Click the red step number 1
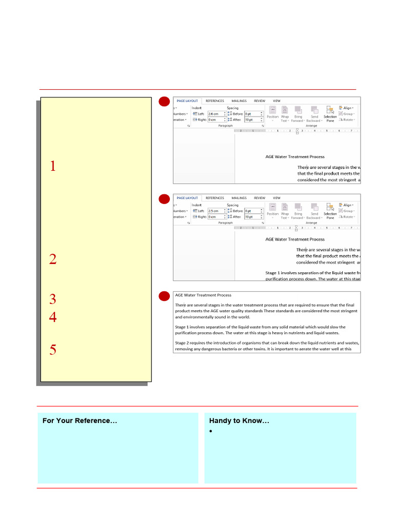tap(52, 166)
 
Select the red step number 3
tap(52, 299)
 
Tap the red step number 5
tap(52, 350)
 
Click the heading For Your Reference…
tap(80, 421)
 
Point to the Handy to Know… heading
tap(239, 421)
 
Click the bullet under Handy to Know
tap(211, 432)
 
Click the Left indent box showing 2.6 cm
tap(215, 114)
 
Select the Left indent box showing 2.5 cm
tap(215, 211)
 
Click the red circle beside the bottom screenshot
tap(164, 296)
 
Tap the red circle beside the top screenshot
tap(164, 102)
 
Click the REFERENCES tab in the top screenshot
tap(214, 101)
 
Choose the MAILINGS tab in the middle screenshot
tap(239, 198)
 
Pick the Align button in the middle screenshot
tap(346, 205)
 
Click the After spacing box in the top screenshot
tap(253, 119)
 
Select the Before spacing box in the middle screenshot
tap(253, 211)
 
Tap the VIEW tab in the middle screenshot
tap(277, 198)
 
